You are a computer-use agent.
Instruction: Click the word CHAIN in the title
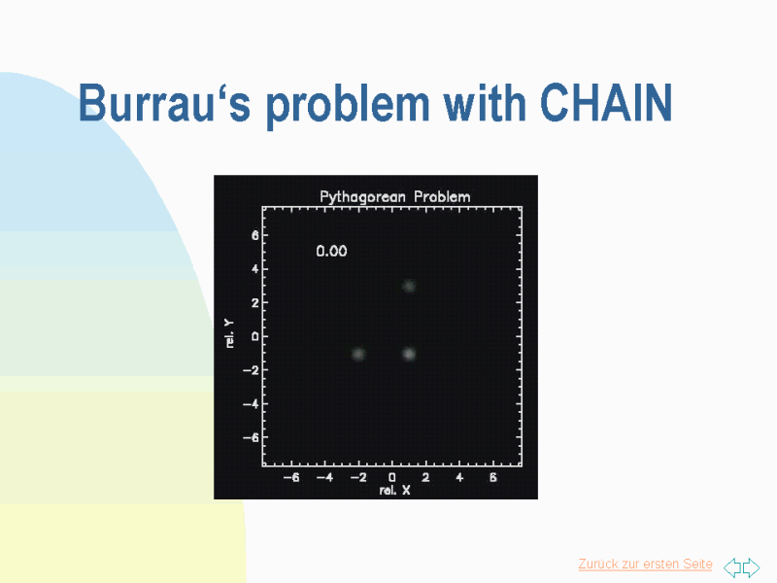click(x=606, y=103)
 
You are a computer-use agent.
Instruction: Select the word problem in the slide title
click(x=348, y=105)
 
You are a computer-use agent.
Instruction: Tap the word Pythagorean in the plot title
click(x=362, y=197)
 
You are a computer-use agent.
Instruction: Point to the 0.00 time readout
click(x=331, y=251)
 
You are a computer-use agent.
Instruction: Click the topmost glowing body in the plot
click(x=409, y=286)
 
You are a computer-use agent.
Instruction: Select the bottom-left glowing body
click(x=358, y=354)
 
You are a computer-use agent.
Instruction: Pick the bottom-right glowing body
click(x=409, y=354)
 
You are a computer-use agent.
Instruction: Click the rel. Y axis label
click(x=229, y=333)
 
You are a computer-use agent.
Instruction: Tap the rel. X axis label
click(x=394, y=491)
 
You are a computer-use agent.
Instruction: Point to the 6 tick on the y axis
click(x=254, y=235)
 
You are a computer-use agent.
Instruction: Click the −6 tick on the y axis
click(x=251, y=437)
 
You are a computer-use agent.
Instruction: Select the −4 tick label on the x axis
click(x=325, y=477)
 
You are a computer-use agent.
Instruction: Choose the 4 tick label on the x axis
click(x=459, y=477)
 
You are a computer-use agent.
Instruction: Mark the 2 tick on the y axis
click(x=254, y=302)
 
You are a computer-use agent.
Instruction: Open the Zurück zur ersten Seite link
click(x=645, y=565)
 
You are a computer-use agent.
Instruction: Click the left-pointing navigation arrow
click(x=732, y=567)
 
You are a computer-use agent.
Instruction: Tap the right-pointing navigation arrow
click(x=751, y=567)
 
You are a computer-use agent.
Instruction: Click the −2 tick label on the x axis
click(x=358, y=477)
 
